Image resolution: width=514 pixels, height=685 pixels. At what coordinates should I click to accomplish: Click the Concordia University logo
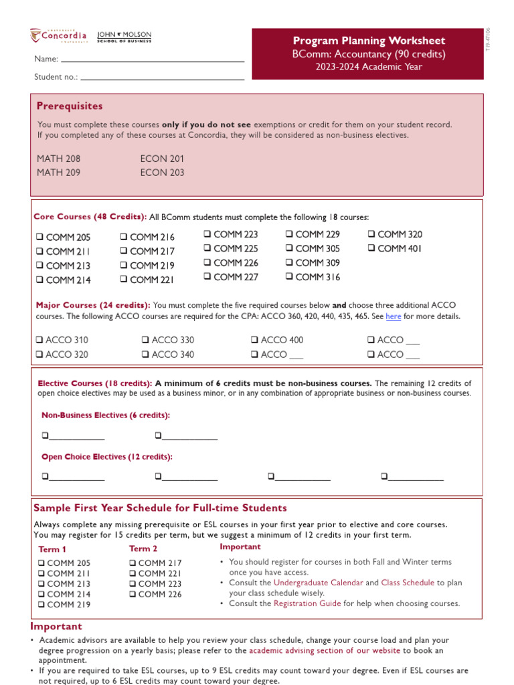(x=58, y=35)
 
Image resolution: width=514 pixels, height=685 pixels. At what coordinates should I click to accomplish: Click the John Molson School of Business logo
(x=124, y=37)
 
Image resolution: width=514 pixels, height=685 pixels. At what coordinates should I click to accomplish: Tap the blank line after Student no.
(x=162, y=77)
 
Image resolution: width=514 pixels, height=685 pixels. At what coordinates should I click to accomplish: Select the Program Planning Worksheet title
(x=369, y=41)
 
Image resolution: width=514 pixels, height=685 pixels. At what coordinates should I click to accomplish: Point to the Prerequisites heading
(x=70, y=106)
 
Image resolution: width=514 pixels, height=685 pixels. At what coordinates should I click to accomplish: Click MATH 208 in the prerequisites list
(x=58, y=159)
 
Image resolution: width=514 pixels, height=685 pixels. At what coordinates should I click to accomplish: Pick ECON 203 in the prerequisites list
(x=162, y=173)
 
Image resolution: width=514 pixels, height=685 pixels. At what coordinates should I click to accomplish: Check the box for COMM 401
(x=372, y=248)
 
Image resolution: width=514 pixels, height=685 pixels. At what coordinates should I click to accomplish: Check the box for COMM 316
(x=290, y=277)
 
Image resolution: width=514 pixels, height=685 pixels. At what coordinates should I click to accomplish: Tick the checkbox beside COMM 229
(x=290, y=234)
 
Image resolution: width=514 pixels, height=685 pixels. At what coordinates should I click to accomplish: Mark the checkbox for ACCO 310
(x=40, y=340)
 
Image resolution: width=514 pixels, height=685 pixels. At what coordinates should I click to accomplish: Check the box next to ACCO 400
(x=255, y=340)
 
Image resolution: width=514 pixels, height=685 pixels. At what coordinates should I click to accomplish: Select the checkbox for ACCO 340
(x=146, y=355)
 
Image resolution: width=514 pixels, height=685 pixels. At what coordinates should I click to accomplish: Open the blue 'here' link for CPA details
(x=393, y=316)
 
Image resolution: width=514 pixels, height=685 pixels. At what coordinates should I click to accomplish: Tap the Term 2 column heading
(x=143, y=549)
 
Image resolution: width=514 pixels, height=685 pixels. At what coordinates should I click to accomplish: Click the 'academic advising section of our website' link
(x=325, y=650)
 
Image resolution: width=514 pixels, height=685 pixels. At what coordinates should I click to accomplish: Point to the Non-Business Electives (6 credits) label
(x=106, y=415)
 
